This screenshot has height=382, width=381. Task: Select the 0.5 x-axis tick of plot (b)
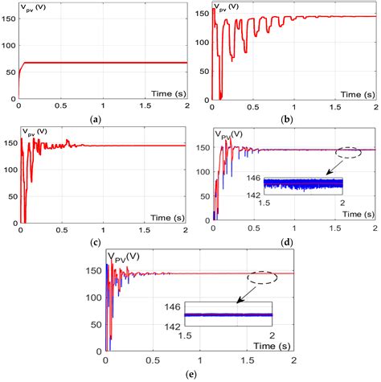252,106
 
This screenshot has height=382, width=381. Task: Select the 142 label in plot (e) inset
172,324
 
